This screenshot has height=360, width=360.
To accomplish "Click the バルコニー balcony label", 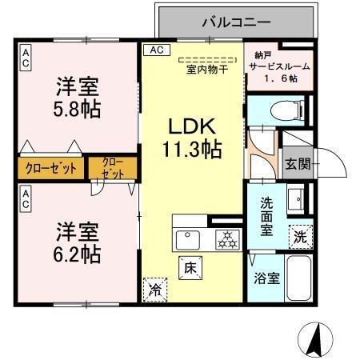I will click(x=236, y=22).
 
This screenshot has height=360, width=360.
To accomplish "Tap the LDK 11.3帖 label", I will click(x=192, y=138).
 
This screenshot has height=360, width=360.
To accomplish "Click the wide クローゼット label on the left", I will click(x=50, y=168).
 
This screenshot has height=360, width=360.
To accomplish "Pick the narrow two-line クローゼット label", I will click(x=111, y=169).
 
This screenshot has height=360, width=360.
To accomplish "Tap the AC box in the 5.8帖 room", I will click(x=26, y=55).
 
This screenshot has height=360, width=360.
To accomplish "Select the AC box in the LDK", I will click(x=156, y=50).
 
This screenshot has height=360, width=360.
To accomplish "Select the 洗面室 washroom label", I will click(x=266, y=214).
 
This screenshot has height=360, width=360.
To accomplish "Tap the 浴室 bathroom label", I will click(x=267, y=278).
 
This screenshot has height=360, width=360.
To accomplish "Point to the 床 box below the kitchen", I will click(x=190, y=267).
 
